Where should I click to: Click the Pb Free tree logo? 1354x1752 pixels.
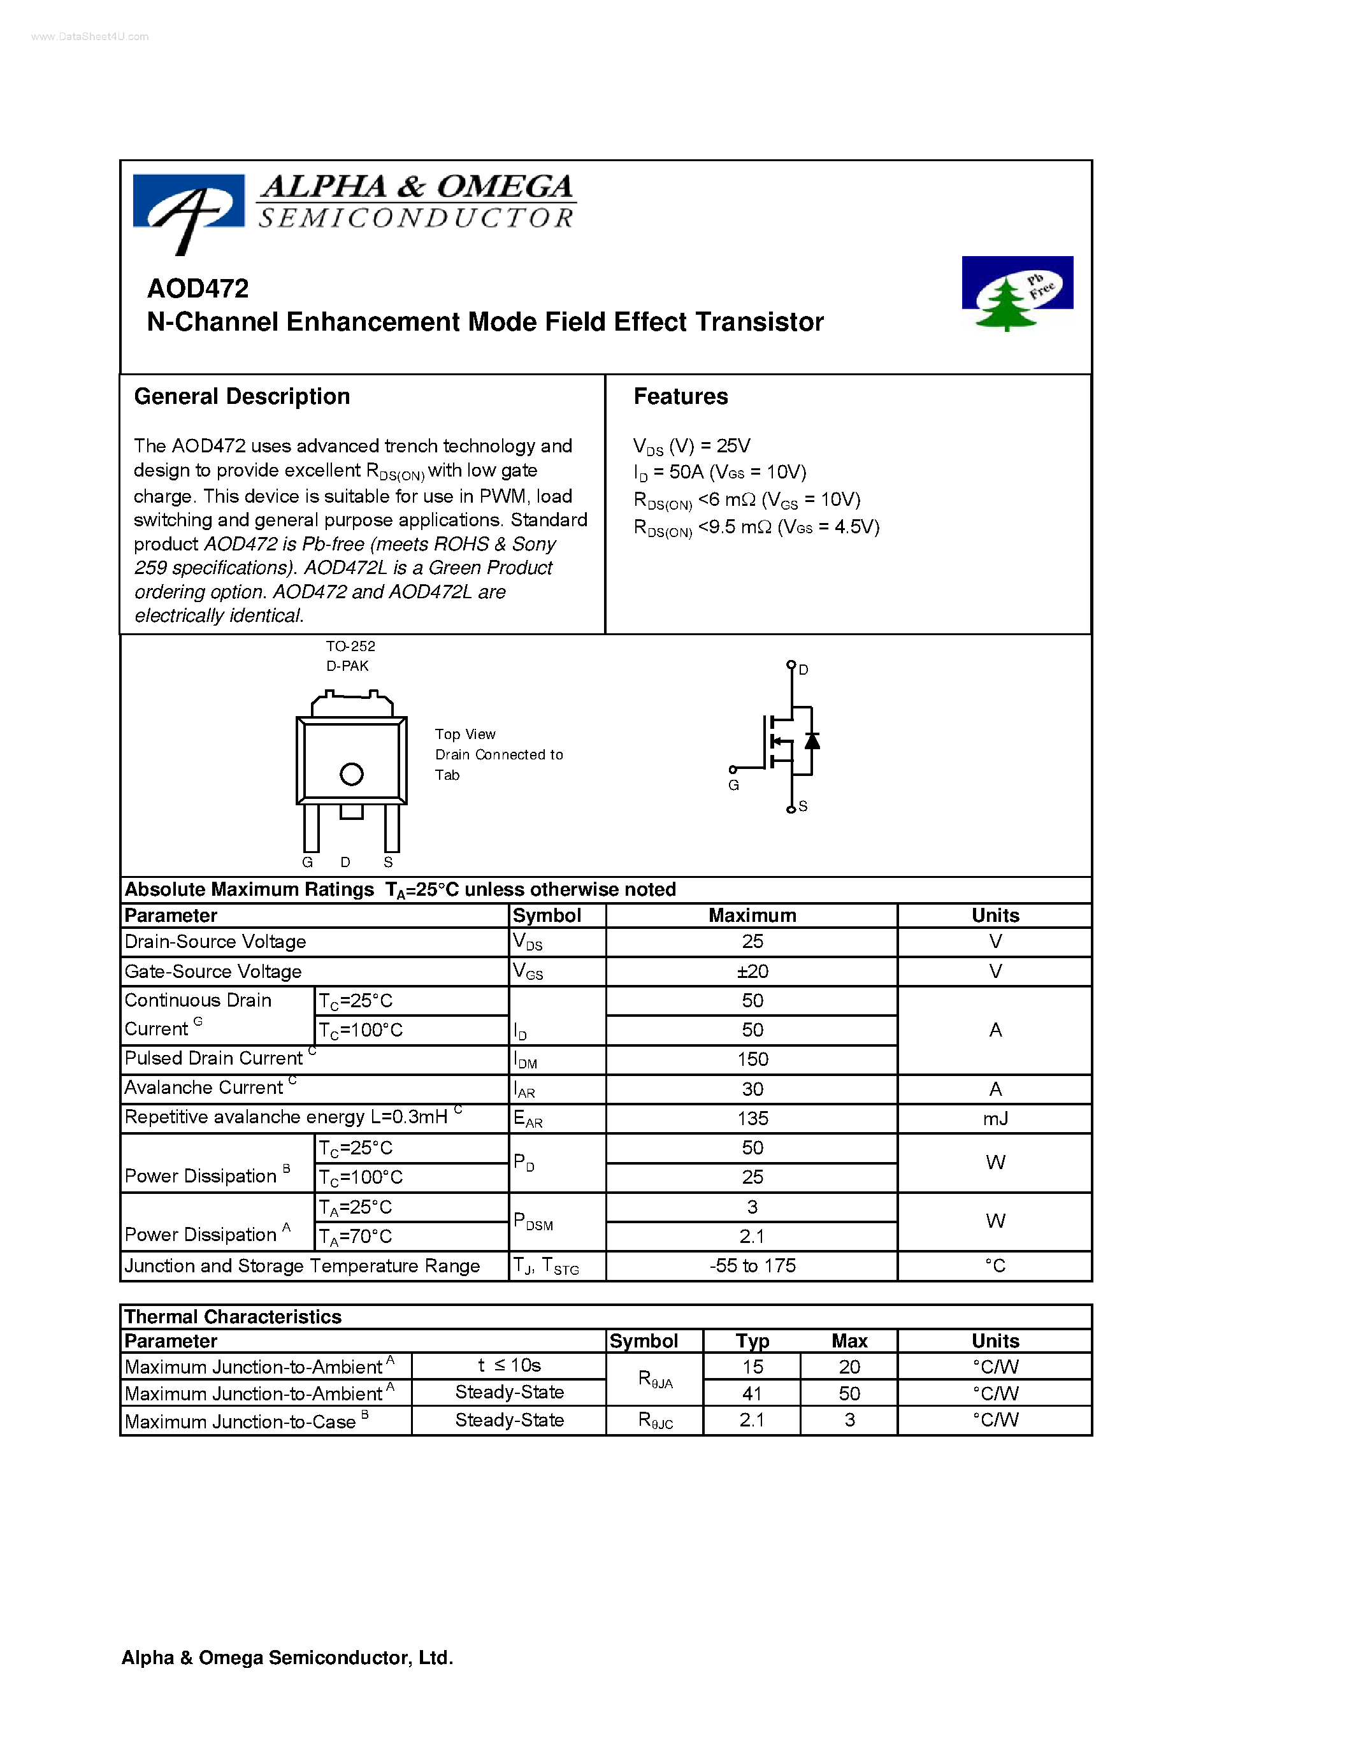coord(1016,293)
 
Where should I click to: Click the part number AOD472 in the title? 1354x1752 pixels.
coord(198,288)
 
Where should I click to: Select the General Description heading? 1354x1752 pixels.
coord(241,396)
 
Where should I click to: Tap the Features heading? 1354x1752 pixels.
coord(681,396)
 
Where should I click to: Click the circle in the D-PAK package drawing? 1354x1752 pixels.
coord(351,774)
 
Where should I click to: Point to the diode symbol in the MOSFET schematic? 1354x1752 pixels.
coord(812,740)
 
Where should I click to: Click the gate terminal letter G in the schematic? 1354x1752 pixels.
coord(733,786)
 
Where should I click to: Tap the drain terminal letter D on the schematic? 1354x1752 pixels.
coord(803,669)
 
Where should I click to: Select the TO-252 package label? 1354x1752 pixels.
coord(350,646)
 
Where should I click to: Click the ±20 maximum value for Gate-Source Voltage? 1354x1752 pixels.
coord(752,972)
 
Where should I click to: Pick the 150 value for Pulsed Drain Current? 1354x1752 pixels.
coord(752,1059)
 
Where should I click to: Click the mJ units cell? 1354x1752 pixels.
coord(995,1118)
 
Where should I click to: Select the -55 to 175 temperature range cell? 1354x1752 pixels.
coord(752,1265)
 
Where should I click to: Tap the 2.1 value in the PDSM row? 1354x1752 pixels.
coord(752,1236)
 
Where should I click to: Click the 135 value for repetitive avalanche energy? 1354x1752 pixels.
coord(752,1118)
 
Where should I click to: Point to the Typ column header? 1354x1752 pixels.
coord(752,1340)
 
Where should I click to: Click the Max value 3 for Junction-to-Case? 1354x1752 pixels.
coord(849,1420)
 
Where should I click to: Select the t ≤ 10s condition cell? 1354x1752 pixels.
coord(508,1365)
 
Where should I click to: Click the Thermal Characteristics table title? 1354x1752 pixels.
coord(233,1316)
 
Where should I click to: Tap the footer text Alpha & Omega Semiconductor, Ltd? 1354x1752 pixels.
coord(287,1657)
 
